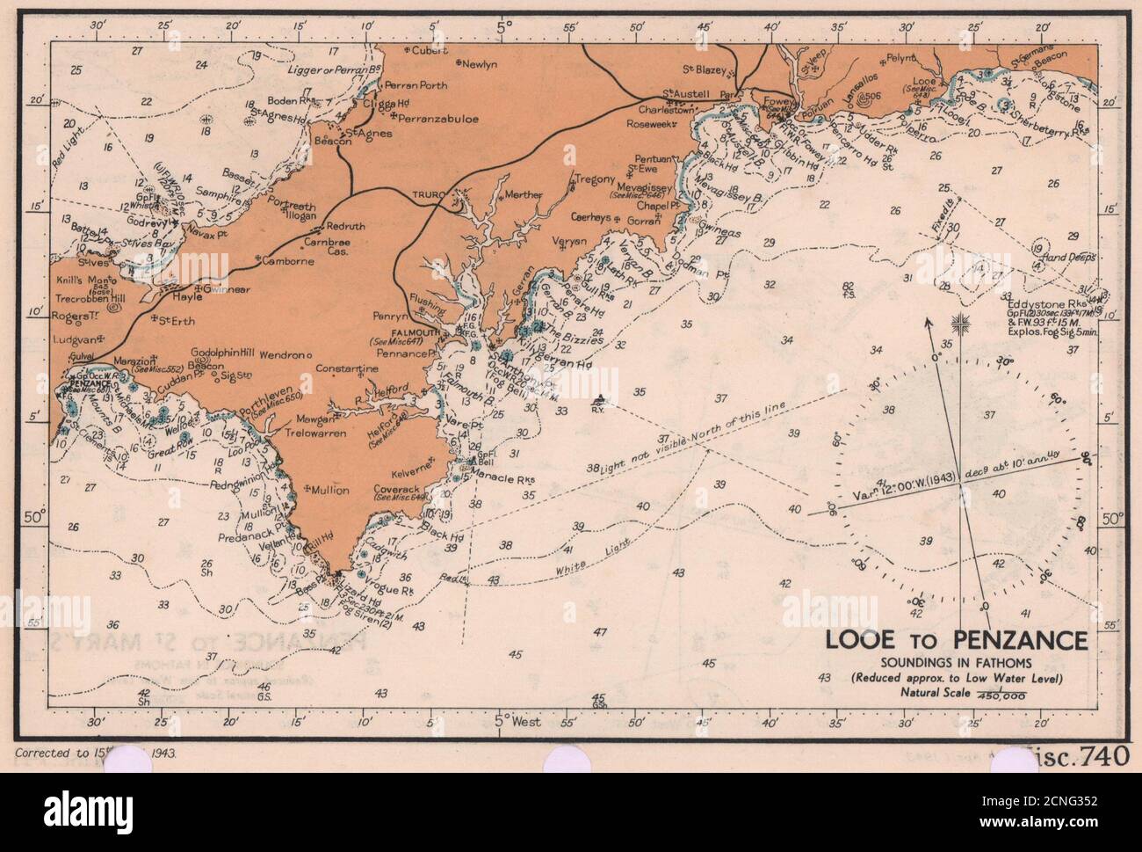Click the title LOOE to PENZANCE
pos(956,641)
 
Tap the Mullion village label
pos(329,491)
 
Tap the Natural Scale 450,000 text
pos(962,693)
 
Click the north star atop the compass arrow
pos(965,323)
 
